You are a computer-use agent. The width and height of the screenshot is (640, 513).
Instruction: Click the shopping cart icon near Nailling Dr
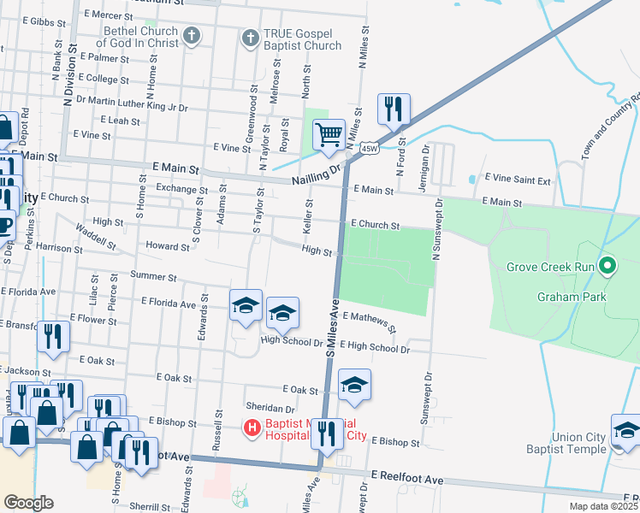point(329,135)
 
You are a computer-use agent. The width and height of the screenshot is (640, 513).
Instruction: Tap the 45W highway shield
point(370,148)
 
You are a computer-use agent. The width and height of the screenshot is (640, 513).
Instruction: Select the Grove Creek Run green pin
point(608,267)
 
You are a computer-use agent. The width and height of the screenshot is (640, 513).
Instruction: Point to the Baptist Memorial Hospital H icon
point(252,427)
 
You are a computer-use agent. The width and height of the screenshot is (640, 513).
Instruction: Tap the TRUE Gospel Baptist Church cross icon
point(250,38)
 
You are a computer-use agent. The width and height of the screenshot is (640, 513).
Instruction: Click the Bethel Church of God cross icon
point(193,36)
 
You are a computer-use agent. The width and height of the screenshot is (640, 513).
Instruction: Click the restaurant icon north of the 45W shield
point(394,109)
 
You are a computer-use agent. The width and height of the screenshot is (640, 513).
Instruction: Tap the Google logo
point(29,502)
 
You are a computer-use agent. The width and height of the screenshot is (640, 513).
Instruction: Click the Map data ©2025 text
point(603,506)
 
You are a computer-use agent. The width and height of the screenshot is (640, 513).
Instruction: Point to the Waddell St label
point(96,236)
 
